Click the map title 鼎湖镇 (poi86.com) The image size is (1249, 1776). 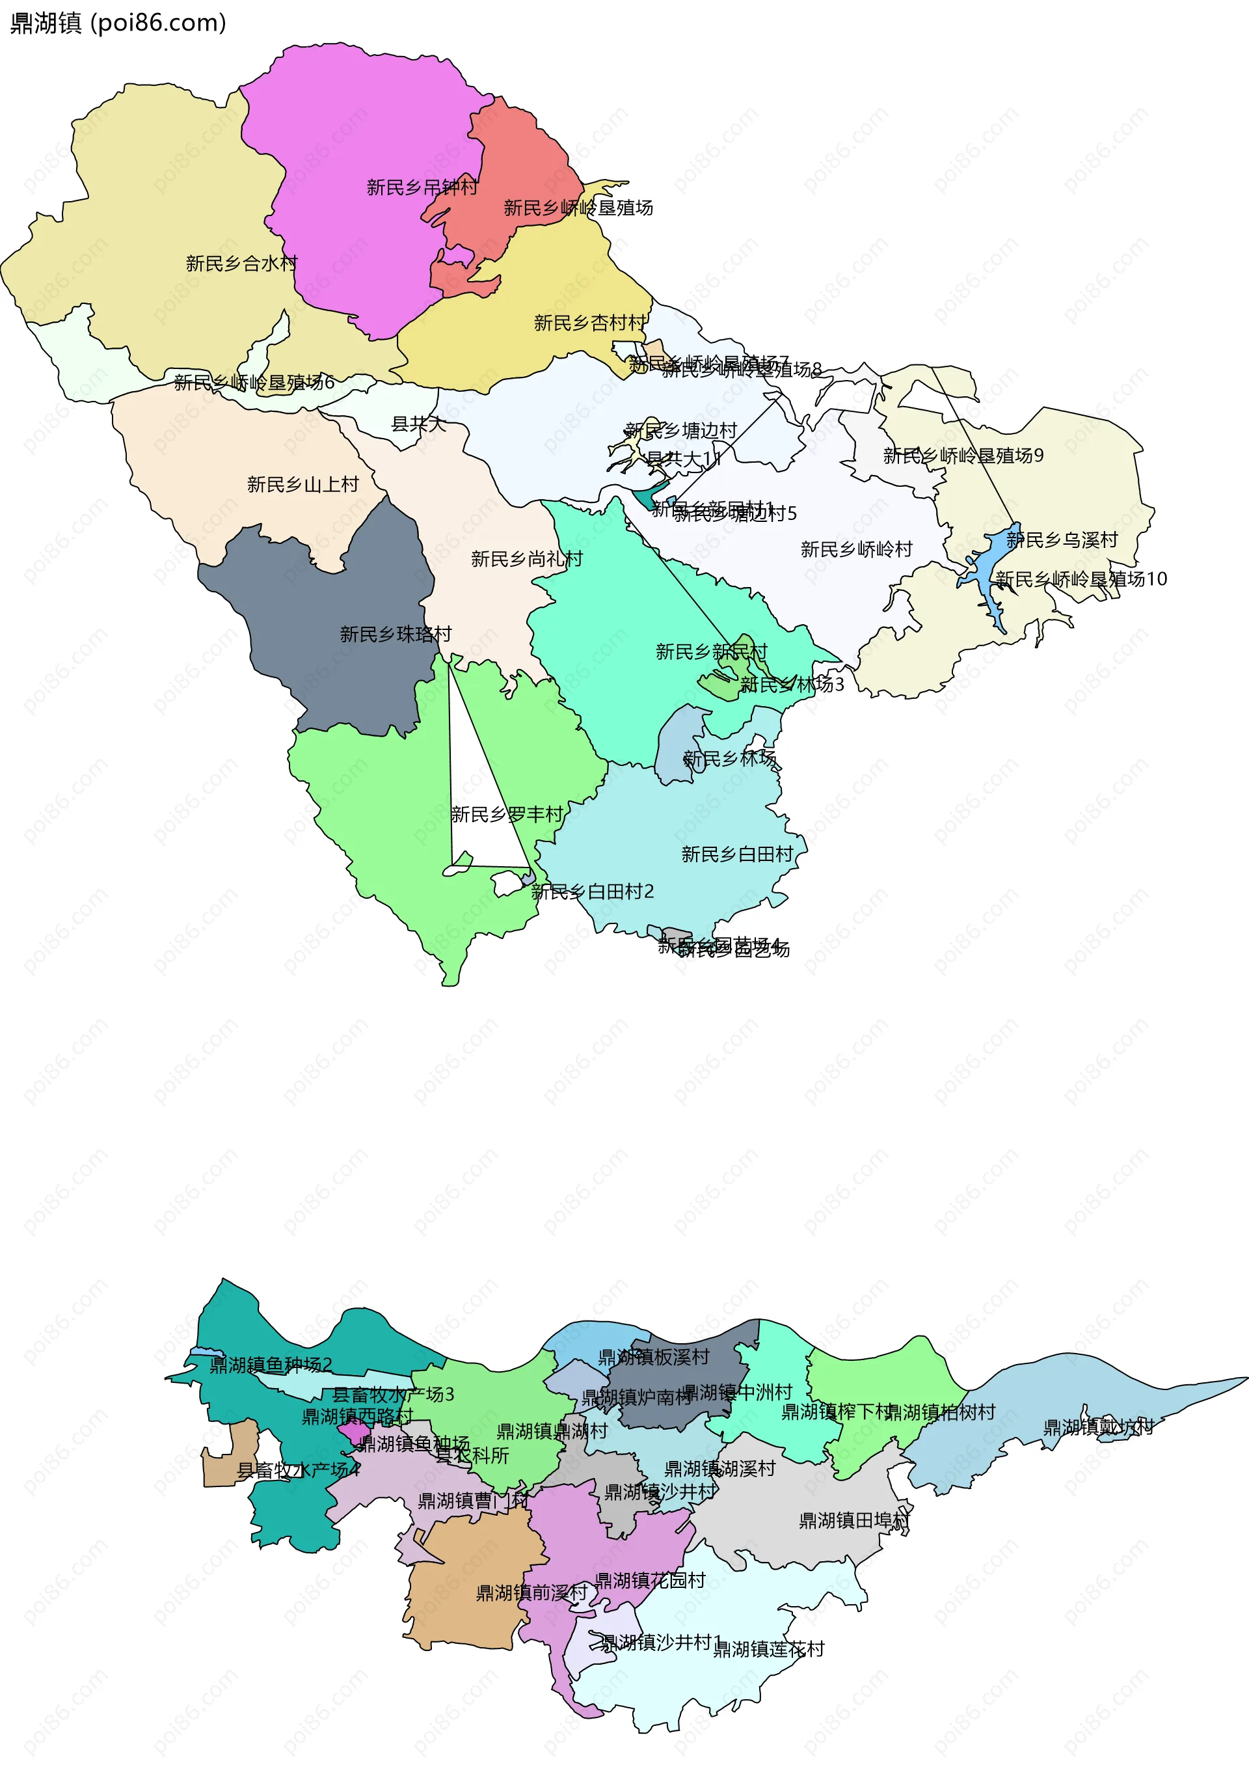(x=118, y=23)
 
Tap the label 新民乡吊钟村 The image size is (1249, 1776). (x=422, y=187)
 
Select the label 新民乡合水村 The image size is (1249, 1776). (x=241, y=264)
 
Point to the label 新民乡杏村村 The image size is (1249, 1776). (x=590, y=323)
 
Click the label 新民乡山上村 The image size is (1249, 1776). (x=302, y=484)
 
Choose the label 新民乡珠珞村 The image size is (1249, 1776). (x=396, y=635)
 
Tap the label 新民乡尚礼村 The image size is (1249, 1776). (x=527, y=558)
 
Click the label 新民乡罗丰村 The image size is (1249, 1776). (x=507, y=815)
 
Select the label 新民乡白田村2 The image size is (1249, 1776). (x=593, y=892)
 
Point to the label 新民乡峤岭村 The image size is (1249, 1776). (x=856, y=549)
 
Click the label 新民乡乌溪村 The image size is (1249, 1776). (x=1062, y=540)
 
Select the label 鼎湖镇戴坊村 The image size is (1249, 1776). (x=1098, y=1427)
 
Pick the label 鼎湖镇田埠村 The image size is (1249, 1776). (x=853, y=1521)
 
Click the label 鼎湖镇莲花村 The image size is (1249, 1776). (x=768, y=1649)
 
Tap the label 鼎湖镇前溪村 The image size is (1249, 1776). (x=531, y=1592)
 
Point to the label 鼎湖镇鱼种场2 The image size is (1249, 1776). (x=271, y=1365)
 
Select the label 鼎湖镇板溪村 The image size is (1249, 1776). (x=654, y=1357)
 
